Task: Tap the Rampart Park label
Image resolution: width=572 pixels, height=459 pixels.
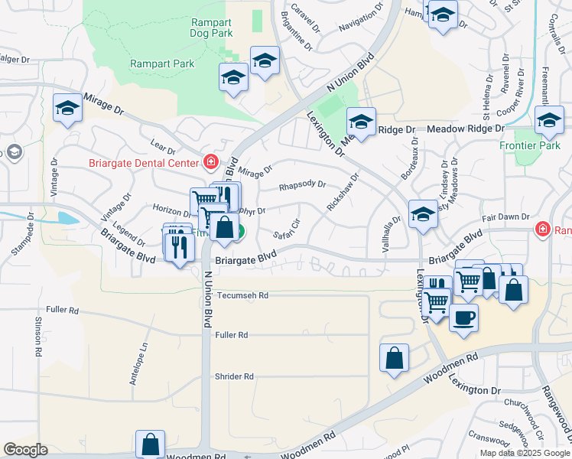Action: [x=162, y=64]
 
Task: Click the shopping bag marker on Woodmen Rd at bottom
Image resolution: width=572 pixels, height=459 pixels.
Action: [x=151, y=444]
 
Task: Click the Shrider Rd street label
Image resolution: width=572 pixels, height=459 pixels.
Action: [x=234, y=376]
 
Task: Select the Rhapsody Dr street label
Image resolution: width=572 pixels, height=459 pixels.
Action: [x=302, y=185]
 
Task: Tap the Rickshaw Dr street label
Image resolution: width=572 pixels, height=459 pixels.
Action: [x=343, y=193]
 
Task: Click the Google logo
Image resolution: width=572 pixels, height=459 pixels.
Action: [x=25, y=450]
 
